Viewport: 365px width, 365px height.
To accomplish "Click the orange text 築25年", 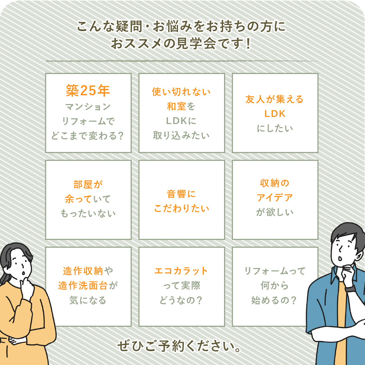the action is tap(88, 90).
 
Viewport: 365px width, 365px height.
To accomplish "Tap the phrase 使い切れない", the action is tap(181, 92).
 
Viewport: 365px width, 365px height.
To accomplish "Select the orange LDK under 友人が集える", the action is tap(275, 114).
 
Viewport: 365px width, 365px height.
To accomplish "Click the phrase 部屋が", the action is tap(88, 185).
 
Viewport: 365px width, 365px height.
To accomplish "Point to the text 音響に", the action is tap(181, 194).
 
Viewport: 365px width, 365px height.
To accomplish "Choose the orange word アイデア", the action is tap(275, 198).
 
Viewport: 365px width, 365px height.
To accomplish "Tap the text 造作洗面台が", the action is tap(88, 286).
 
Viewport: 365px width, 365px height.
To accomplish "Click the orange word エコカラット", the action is tap(181, 271).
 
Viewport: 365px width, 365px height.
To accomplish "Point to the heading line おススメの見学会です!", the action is tap(181, 43).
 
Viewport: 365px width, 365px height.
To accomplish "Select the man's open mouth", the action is tap(340, 259).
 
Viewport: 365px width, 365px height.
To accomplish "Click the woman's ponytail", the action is tap(3, 277).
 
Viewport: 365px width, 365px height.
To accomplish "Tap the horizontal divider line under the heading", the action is tap(181, 61).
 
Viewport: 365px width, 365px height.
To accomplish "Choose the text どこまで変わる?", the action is tap(88, 136).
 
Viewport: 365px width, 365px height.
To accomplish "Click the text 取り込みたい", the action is tap(181, 135).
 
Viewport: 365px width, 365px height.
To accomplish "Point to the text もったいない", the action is tap(88, 214).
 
